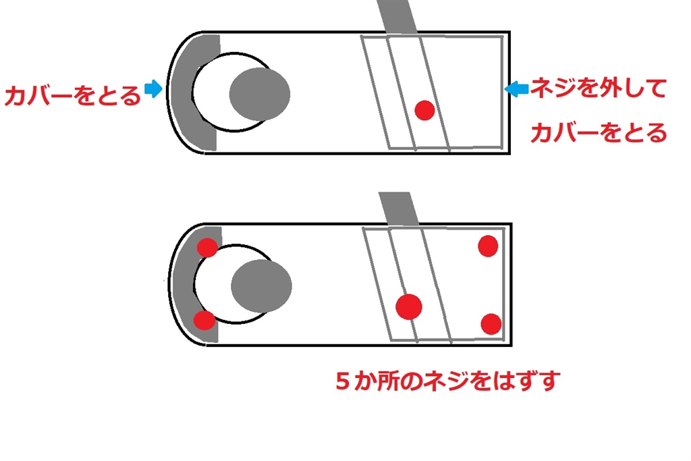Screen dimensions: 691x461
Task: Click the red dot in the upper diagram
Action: pyautogui.click(x=425, y=110)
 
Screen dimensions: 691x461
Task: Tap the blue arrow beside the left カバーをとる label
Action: pyautogui.click(x=153, y=88)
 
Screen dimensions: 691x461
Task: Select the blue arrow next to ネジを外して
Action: pyautogui.click(x=516, y=89)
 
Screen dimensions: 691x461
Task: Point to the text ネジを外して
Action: pyautogui.click(x=598, y=88)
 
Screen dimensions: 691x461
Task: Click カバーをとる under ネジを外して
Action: pyautogui.click(x=599, y=132)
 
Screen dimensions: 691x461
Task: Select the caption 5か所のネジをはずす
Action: pyautogui.click(x=448, y=381)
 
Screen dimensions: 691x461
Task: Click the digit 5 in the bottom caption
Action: pyautogui.click(x=342, y=381)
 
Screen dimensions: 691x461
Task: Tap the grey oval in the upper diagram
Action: pyautogui.click(x=260, y=94)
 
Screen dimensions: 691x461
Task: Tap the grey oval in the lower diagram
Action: pyautogui.click(x=261, y=286)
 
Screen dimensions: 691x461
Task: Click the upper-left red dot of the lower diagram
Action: pyautogui.click(x=206, y=247)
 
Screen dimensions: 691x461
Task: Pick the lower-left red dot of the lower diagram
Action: pyautogui.click(x=204, y=321)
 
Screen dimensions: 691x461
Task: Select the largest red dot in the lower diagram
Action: pyautogui.click(x=409, y=306)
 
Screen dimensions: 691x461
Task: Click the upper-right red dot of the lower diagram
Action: pyautogui.click(x=488, y=246)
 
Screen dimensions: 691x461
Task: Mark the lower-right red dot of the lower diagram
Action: pyautogui.click(x=491, y=325)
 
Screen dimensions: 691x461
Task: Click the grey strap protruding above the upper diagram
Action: pyautogui.click(x=397, y=17)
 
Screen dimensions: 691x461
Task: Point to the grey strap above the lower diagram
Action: pyautogui.click(x=399, y=209)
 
